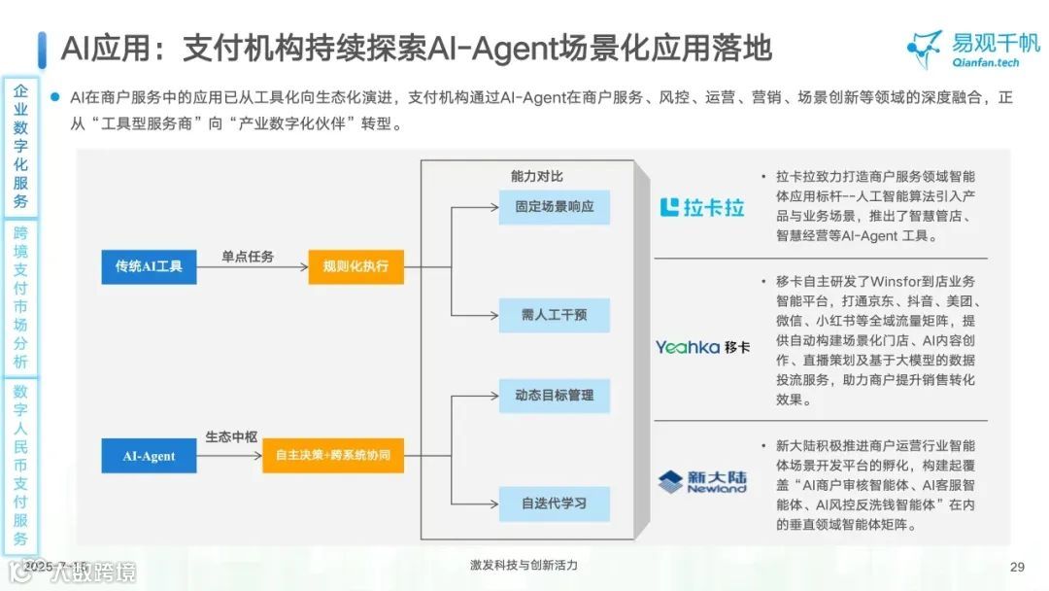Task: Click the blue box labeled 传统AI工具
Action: pos(149,266)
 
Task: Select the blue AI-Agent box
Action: pos(149,456)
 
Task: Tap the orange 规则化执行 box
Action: pos(355,266)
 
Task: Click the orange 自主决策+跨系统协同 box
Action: pos(332,456)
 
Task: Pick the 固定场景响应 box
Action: pos(554,207)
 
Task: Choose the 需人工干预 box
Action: pos(554,315)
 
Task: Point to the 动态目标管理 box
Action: pos(554,396)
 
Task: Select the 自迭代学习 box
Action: pos(554,504)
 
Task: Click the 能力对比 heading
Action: pos(536,176)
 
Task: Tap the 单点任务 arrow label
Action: pos(248,257)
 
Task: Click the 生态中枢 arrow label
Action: pos(231,437)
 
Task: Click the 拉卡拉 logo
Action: pos(702,207)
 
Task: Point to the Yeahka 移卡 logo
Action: pos(702,347)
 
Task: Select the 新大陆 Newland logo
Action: pos(702,481)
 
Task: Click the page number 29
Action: pos(1018,568)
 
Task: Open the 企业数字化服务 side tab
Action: pos(20,147)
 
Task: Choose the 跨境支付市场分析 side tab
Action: pos(20,297)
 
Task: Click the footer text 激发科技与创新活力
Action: pos(523,566)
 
